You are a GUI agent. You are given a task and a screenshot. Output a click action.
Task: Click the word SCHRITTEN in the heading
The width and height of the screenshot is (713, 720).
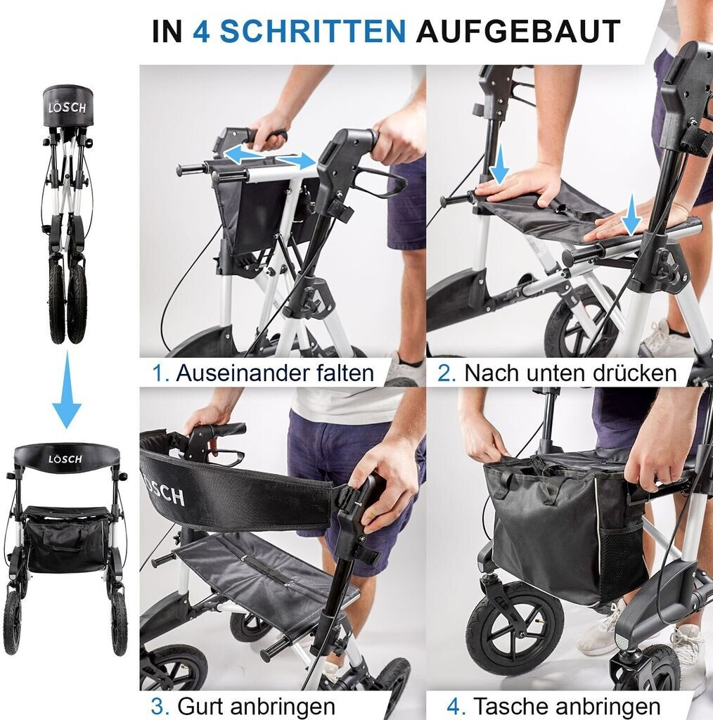(313, 31)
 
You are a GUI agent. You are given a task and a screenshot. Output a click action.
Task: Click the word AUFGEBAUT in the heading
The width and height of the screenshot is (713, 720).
(518, 31)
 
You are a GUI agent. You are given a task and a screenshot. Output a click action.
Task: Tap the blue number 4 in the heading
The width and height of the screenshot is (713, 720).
(201, 31)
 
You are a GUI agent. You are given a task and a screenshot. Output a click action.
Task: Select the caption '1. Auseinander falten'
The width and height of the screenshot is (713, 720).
(263, 373)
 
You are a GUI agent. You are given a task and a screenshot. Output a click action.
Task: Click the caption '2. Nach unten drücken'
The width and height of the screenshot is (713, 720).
(557, 373)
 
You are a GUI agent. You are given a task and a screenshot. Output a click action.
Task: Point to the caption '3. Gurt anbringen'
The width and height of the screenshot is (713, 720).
(243, 706)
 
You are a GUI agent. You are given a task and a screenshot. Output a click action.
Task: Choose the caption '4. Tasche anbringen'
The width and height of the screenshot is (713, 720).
(553, 706)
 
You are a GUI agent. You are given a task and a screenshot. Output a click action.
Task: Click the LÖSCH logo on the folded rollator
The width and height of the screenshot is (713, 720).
(67, 108)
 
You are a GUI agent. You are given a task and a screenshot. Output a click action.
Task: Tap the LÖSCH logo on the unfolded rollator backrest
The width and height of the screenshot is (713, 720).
(65, 458)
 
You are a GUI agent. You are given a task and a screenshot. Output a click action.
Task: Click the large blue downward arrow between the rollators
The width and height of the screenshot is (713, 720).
(67, 390)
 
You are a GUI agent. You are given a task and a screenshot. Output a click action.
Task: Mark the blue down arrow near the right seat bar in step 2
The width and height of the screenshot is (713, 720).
(631, 214)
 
